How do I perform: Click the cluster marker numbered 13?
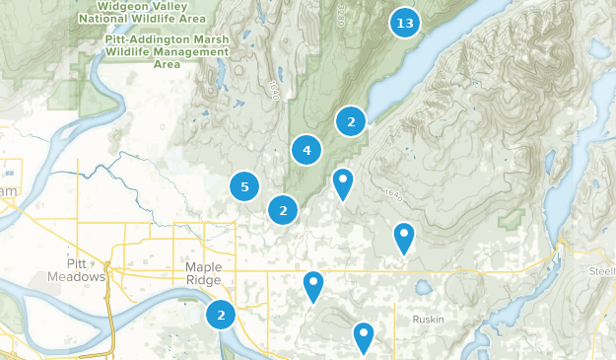pyautogui.click(x=404, y=23)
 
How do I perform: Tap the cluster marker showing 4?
pyautogui.click(x=307, y=151)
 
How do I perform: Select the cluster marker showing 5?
pyautogui.click(x=244, y=185)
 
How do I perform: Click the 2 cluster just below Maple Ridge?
pyautogui.click(x=221, y=316)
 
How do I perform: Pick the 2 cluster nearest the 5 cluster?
pyautogui.click(x=283, y=209)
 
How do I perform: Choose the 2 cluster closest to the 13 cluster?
pyautogui.click(x=350, y=121)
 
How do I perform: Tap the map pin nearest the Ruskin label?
pyautogui.click(x=364, y=337)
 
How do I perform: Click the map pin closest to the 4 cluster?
pyautogui.click(x=342, y=182)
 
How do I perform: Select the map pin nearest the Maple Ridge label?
pyautogui.click(x=313, y=286)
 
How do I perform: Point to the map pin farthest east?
pyautogui.click(x=403, y=237)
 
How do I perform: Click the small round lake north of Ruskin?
pyautogui.click(x=425, y=288)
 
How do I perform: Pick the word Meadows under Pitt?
pyautogui.click(x=76, y=277)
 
